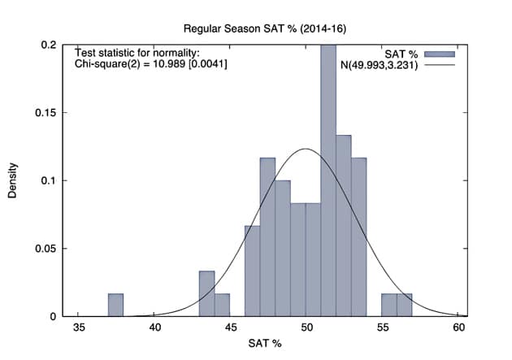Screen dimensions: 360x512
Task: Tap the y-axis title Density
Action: [x=13, y=180]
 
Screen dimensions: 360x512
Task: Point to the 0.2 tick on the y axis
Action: [x=49, y=45]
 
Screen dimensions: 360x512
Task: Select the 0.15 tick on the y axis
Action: [x=46, y=113]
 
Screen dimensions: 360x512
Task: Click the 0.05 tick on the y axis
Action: [x=46, y=249]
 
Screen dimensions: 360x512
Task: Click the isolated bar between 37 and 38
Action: [x=115, y=305]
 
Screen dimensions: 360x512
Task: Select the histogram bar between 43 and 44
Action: [x=206, y=293]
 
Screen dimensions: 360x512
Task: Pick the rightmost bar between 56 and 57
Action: [x=405, y=305]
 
